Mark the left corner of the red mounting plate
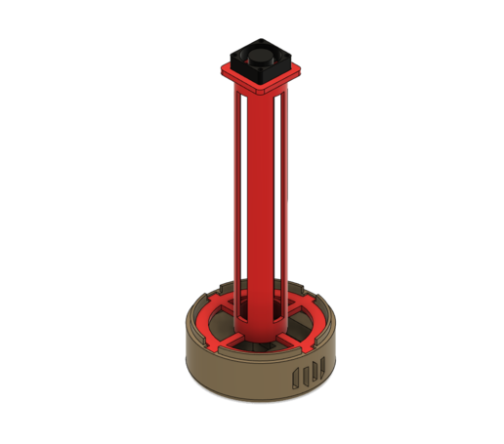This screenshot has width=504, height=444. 221,70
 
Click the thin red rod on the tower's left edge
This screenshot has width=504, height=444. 234,195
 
